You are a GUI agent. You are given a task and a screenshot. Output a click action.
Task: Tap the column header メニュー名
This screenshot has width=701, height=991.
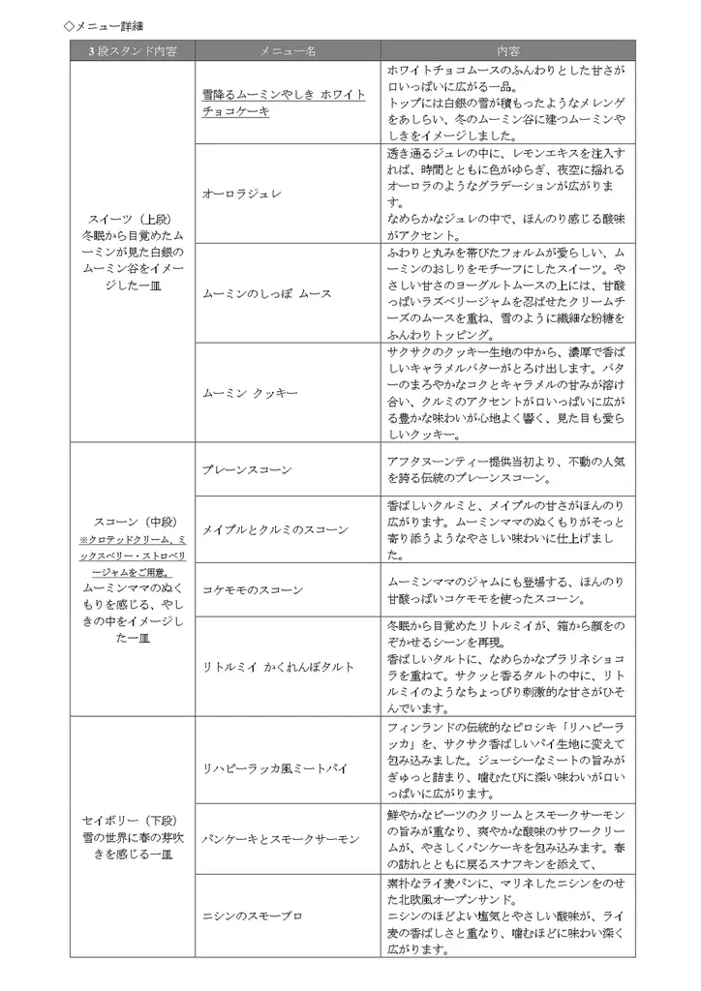(287, 49)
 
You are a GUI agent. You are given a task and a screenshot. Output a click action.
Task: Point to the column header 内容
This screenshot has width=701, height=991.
(507, 49)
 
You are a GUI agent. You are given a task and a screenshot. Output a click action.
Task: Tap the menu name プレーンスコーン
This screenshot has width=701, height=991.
(247, 469)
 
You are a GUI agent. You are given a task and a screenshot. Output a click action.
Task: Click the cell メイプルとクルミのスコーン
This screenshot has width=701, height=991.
(275, 529)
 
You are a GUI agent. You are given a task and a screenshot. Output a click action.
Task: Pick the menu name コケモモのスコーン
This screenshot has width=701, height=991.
(253, 589)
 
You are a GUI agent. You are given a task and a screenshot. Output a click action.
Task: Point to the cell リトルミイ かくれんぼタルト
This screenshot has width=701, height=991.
(278, 667)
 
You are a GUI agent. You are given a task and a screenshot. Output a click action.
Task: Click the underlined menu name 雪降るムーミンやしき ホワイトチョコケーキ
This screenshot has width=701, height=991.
(284, 103)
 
